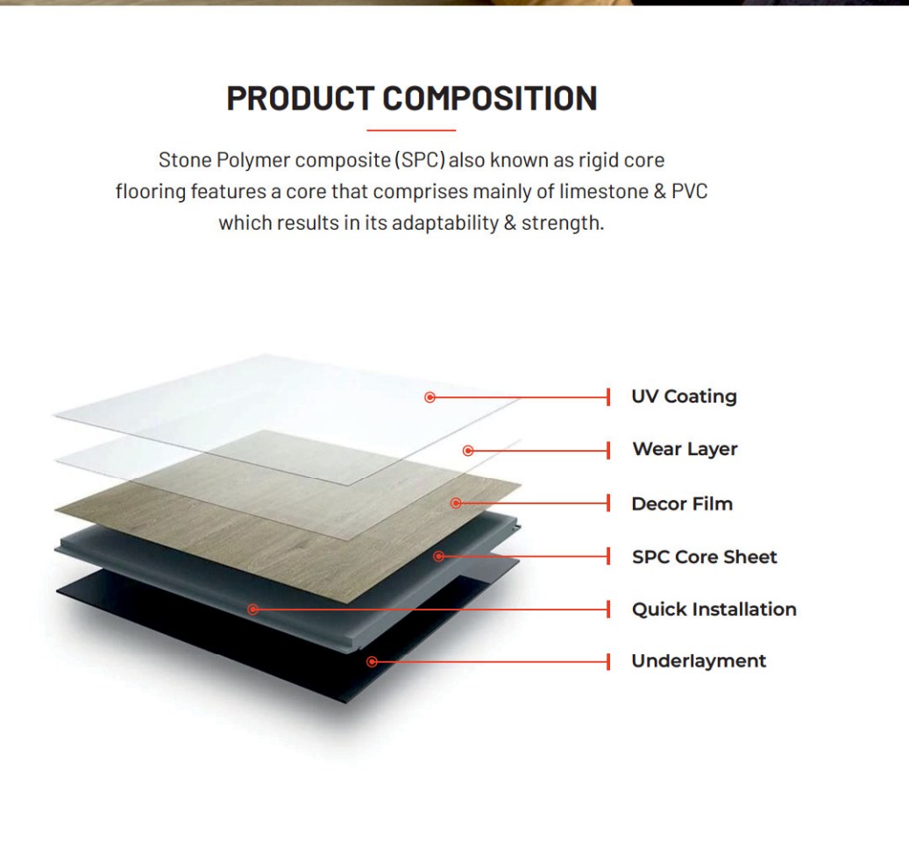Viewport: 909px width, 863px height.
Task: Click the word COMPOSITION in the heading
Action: [x=490, y=98]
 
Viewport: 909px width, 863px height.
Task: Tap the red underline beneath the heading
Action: [x=411, y=131]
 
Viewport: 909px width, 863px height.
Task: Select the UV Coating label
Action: [x=684, y=396]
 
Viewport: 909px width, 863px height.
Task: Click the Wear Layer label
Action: [x=685, y=449]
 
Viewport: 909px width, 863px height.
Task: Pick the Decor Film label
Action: [x=682, y=503]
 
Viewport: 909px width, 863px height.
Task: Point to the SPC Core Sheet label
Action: [x=705, y=557]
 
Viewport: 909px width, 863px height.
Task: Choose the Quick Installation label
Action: [x=714, y=609]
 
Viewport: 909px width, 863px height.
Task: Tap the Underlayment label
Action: [x=699, y=661]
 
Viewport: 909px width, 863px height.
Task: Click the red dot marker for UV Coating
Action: [x=430, y=397]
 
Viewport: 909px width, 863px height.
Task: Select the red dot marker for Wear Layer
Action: [x=468, y=451]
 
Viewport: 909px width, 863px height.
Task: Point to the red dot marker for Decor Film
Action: [x=456, y=503]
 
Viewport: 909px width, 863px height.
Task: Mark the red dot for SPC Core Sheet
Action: [x=439, y=556]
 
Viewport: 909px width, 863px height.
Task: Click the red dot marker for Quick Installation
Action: [x=252, y=610]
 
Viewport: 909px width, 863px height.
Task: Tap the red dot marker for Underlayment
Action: [x=373, y=662]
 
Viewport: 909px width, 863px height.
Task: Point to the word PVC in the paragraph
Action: [x=689, y=191]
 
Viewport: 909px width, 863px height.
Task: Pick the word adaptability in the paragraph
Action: [x=445, y=224]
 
